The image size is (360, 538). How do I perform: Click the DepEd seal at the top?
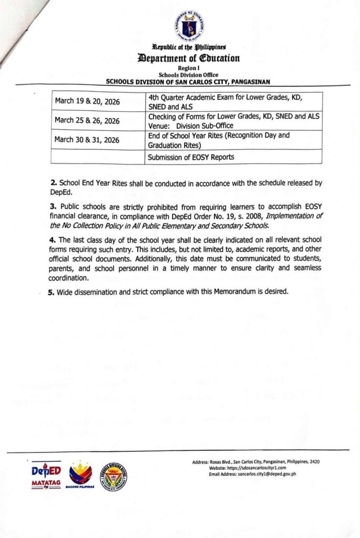189,25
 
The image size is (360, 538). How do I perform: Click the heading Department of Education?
189,58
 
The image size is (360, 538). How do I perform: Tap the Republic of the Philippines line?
189,48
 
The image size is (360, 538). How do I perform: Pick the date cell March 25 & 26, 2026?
87,121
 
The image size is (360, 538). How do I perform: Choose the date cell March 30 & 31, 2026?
87,140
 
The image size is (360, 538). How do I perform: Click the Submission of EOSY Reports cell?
191,157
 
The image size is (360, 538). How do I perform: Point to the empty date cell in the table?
98,157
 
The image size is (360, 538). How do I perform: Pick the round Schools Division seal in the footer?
114,476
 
